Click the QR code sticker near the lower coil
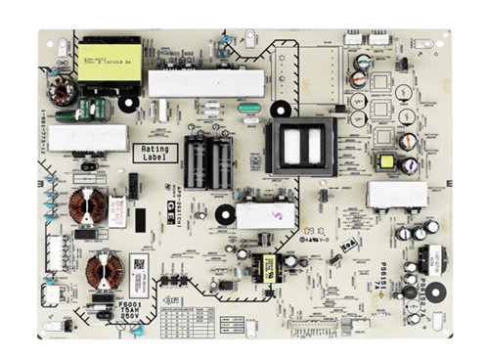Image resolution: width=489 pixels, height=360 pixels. pos(140,266)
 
